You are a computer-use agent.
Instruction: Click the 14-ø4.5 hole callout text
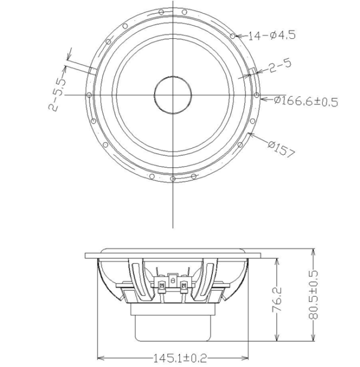point(271,35)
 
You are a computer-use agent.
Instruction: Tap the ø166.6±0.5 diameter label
point(306,101)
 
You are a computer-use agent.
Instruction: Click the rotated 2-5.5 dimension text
point(57,94)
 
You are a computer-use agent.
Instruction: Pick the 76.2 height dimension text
point(277,300)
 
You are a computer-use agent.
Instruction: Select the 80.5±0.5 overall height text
point(313,295)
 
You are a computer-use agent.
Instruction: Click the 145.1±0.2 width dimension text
point(180,358)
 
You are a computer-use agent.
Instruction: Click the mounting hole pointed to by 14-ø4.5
point(233,36)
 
